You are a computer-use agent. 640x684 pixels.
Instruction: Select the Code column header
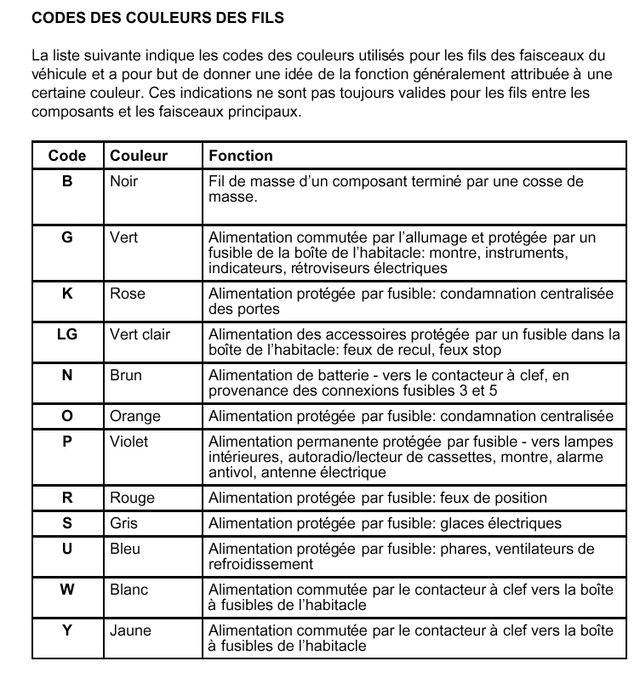point(67,156)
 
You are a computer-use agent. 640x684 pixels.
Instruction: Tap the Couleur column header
point(139,156)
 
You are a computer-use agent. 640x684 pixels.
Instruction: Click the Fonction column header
point(241,156)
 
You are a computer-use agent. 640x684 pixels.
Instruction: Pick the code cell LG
point(67,334)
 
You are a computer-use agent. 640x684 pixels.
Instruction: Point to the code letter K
point(67,294)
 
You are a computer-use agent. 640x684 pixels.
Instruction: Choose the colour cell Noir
point(124,181)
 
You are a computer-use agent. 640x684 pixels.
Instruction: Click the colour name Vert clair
point(140,334)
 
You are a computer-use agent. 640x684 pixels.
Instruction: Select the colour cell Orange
point(135,416)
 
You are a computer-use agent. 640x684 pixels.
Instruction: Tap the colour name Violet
point(129,442)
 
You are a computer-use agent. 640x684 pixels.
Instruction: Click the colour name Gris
point(124,523)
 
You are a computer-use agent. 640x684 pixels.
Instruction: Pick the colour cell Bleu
point(125,549)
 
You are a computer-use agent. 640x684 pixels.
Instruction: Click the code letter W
point(67,590)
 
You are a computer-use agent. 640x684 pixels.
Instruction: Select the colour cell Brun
point(126,375)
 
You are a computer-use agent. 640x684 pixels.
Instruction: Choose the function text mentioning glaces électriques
point(386,523)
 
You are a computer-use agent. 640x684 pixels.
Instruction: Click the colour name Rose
point(128,294)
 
